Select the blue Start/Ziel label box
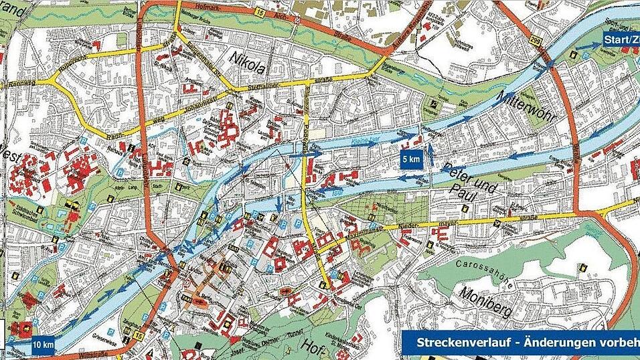[621, 41]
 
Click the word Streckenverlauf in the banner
[450, 342]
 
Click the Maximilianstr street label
[368, 230]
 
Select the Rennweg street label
[15, 86]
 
